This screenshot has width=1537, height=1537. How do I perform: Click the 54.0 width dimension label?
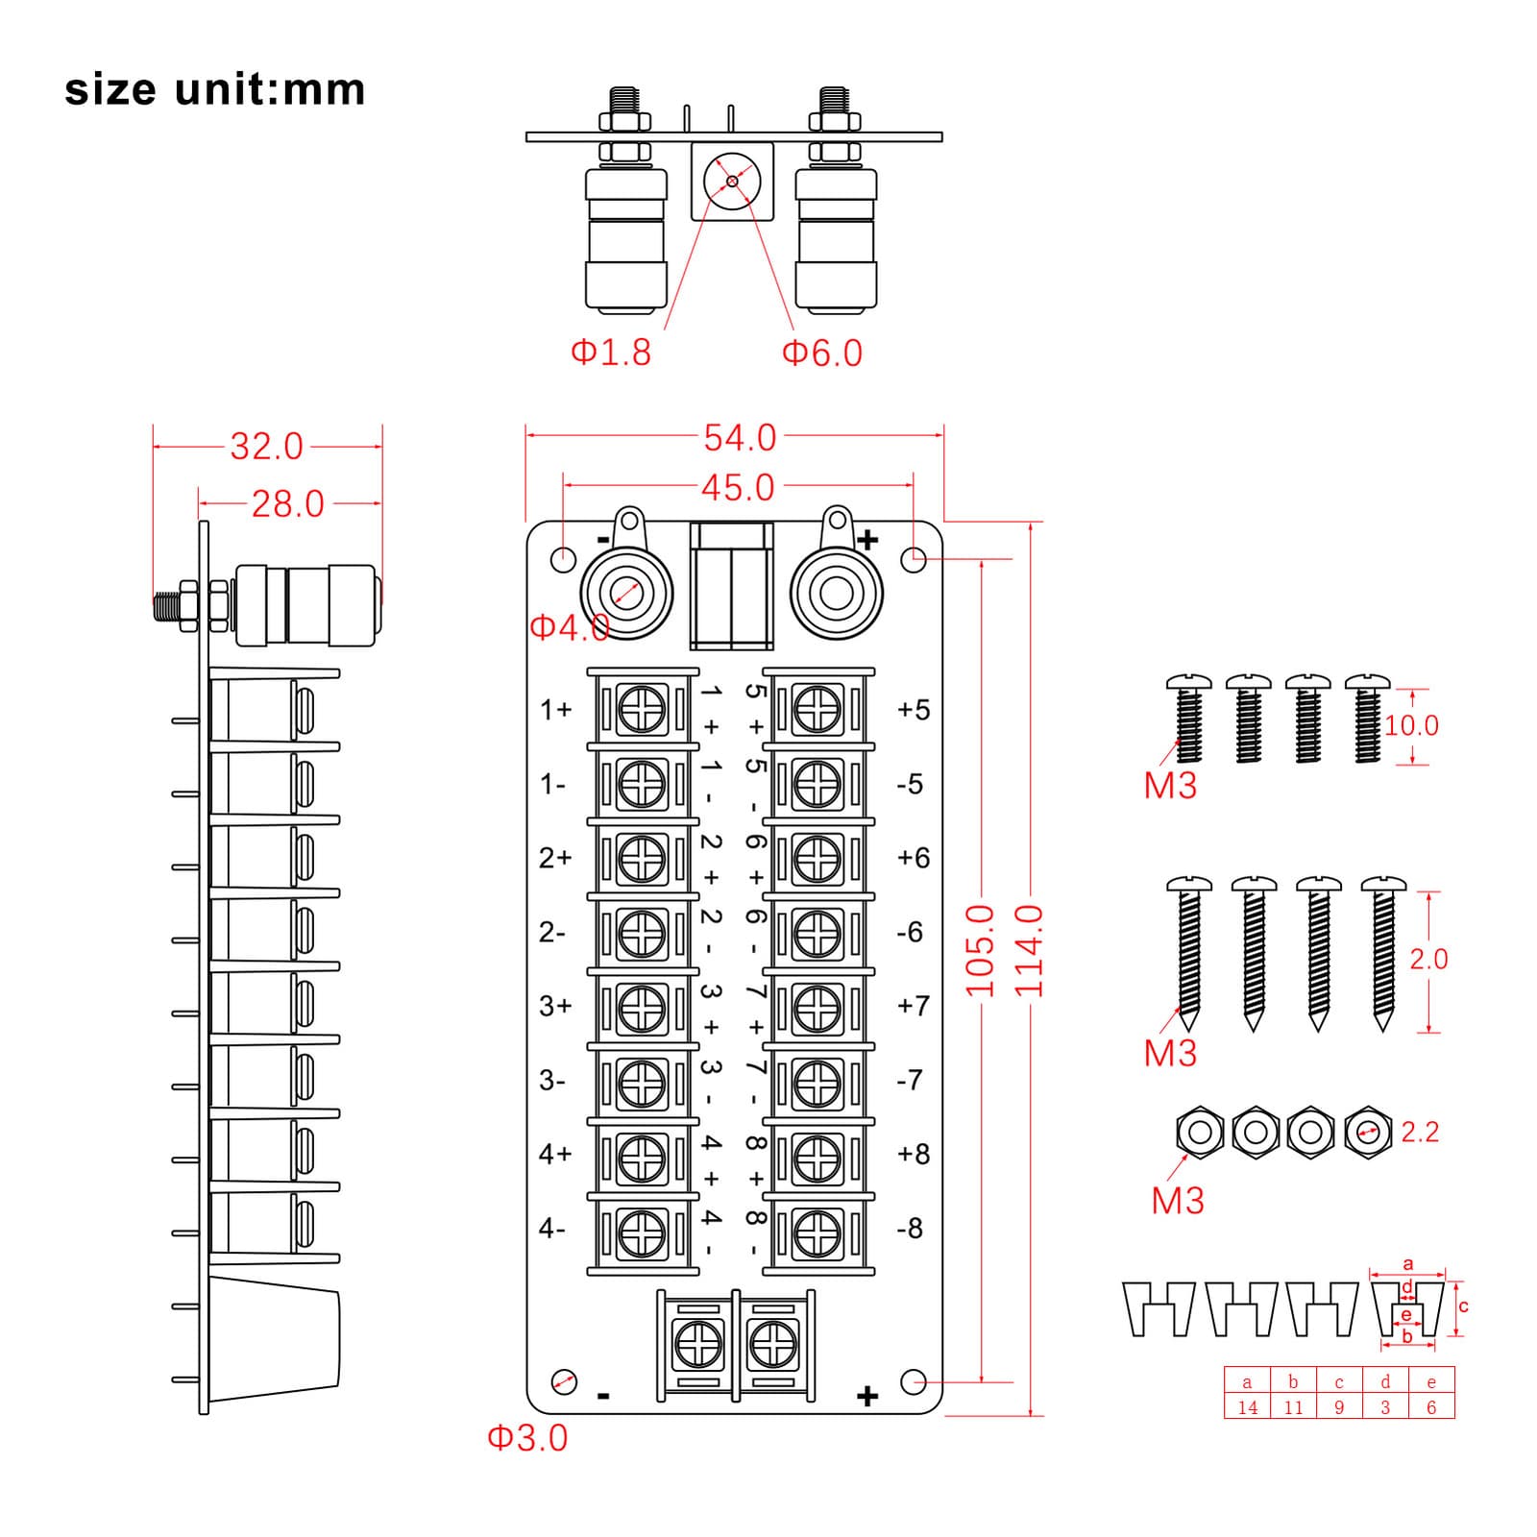click(x=739, y=438)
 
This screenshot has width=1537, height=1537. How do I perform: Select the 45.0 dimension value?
click(x=737, y=488)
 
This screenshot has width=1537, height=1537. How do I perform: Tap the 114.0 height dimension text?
click(x=1029, y=950)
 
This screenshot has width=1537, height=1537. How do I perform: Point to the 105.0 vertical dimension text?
click(x=979, y=950)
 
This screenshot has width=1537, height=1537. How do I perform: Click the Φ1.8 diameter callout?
click(x=611, y=353)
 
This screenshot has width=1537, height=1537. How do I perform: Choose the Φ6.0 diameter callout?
click(x=822, y=353)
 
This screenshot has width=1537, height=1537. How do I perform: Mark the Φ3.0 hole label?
click(x=527, y=1438)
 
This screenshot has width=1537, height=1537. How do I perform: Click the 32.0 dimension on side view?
click(x=266, y=447)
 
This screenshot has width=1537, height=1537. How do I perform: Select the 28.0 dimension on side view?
click(x=287, y=504)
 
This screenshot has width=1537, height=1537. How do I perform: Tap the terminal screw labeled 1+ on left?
click(x=642, y=710)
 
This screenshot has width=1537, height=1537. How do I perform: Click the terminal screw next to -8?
click(x=817, y=1229)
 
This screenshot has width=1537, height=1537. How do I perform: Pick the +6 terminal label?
click(x=913, y=857)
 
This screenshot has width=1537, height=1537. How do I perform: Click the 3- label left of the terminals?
click(x=551, y=1081)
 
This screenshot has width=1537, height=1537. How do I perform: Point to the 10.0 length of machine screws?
click(x=1411, y=725)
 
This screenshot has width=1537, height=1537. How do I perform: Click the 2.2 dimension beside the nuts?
click(x=1419, y=1133)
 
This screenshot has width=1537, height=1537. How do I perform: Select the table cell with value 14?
click(x=1247, y=1407)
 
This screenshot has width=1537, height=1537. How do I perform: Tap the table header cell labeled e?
click(x=1431, y=1382)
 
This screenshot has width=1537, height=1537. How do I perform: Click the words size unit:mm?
click(x=215, y=89)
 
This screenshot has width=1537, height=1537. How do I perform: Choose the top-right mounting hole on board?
click(x=914, y=558)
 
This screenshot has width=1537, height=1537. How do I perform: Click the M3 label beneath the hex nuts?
click(x=1177, y=1201)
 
